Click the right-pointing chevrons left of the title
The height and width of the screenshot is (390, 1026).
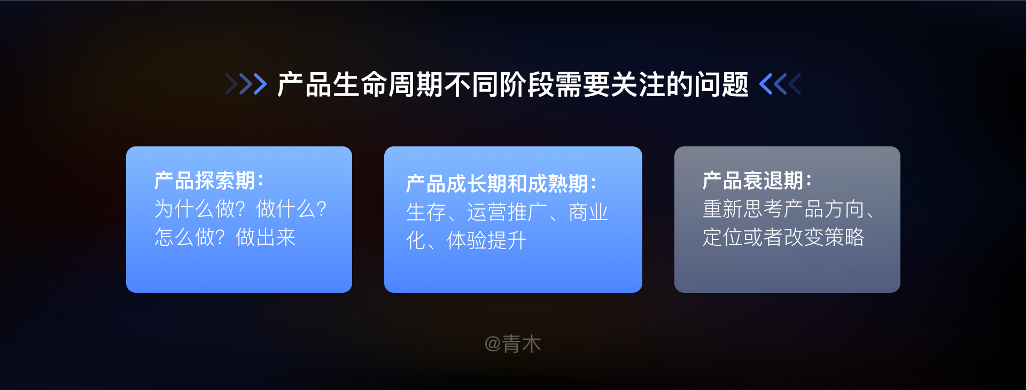246,84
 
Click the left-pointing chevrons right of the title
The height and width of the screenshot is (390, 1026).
780,84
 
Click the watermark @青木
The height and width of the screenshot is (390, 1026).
512,344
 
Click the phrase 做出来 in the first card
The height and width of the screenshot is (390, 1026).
266,237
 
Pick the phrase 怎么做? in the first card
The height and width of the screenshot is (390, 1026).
190,237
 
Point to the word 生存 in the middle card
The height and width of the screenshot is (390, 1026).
426,212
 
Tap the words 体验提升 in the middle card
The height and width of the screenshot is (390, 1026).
487,240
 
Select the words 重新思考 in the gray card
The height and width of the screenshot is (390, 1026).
743,209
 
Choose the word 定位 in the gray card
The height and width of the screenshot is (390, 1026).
722,237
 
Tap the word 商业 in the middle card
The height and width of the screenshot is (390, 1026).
588,212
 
